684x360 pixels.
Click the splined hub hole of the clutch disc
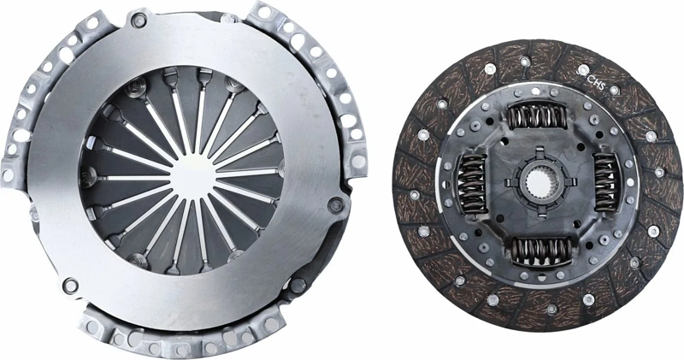tap(537, 182)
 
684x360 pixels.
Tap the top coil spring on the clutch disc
tap(535, 115)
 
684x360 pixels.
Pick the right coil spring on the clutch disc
tap(604, 182)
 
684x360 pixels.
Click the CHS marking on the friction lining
tap(597, 82)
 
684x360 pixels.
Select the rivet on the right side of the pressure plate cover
tap(337, 204)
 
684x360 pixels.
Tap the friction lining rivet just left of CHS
tap(582, 70)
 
